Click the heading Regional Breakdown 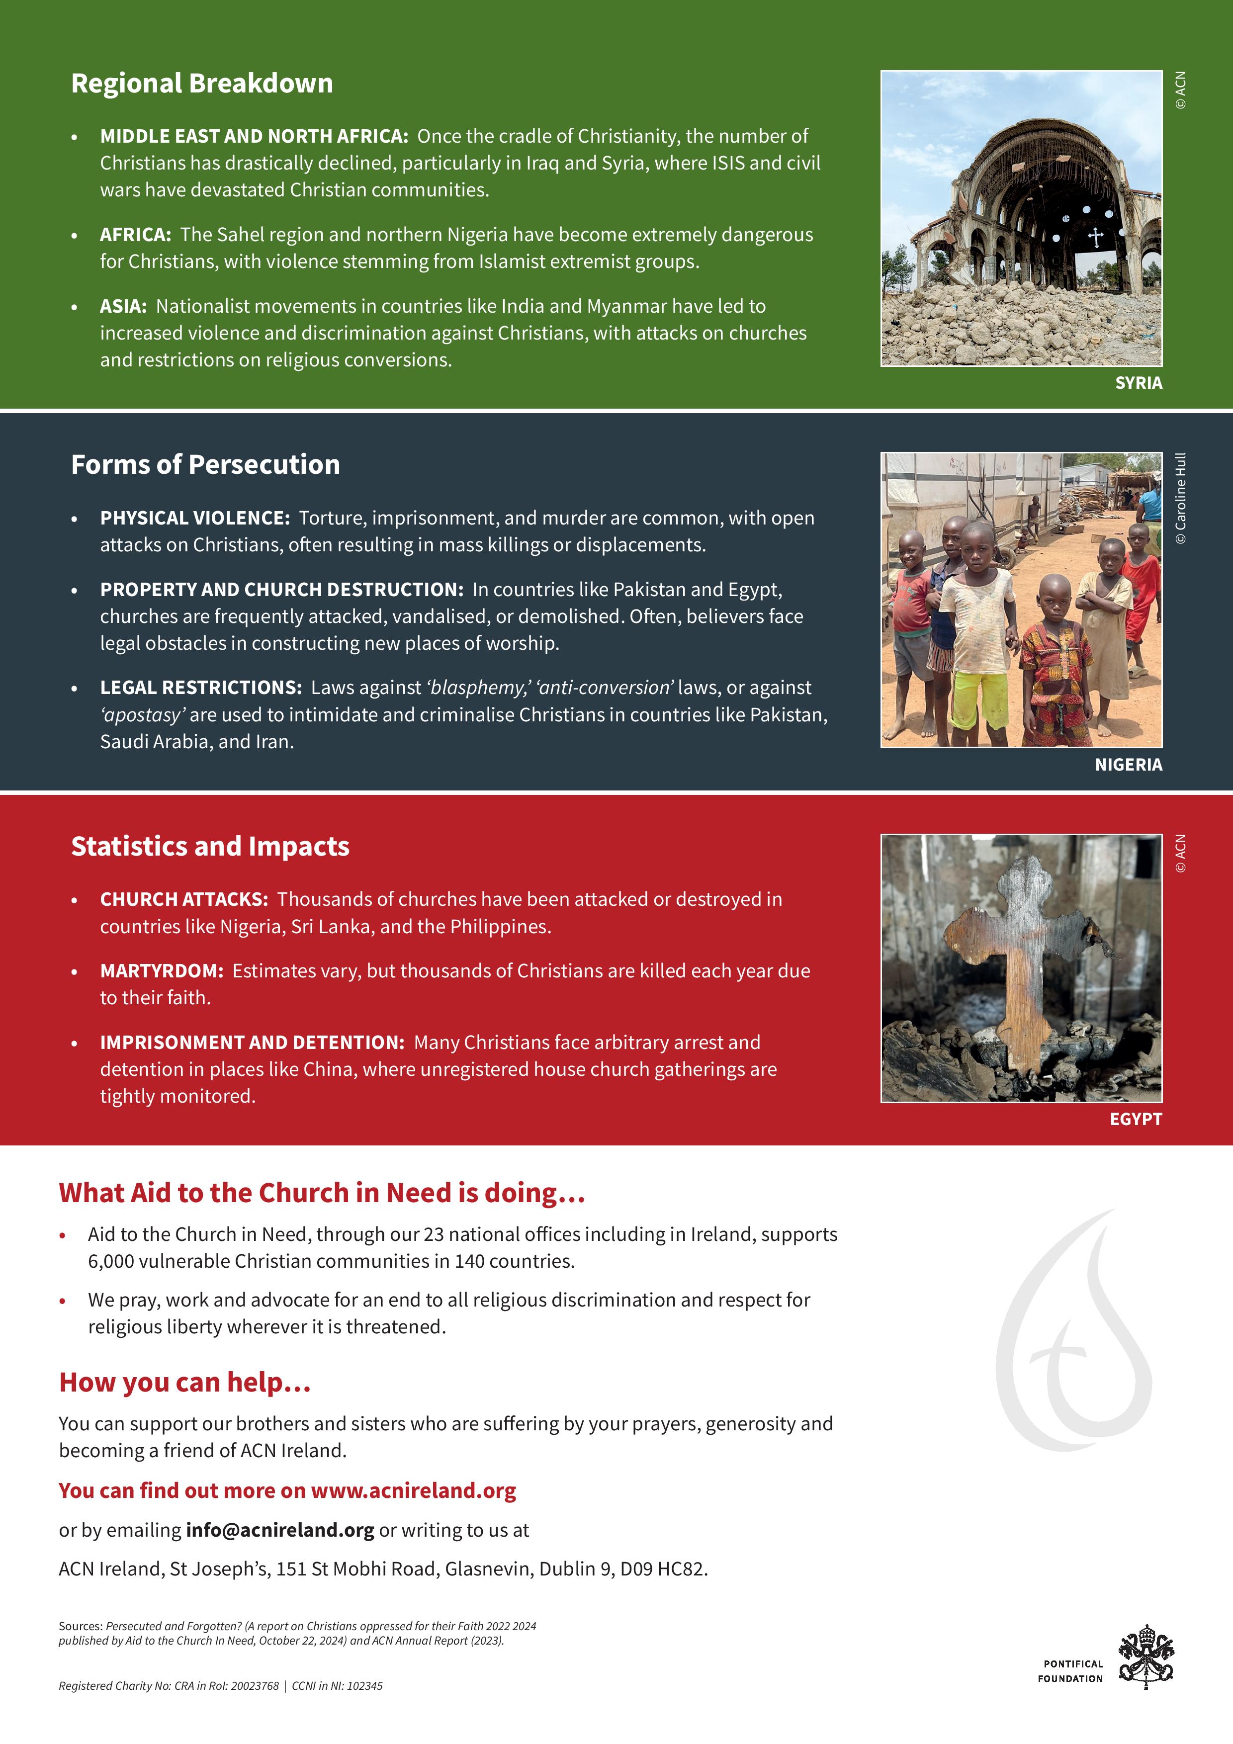pos(201,84)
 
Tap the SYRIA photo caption pos(1138,383)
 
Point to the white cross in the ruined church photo pos(1095,238)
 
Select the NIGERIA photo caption pos(1128,765)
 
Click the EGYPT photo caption pos(1135,1119)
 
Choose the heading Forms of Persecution pos(205,465)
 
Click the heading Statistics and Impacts pos(210,846)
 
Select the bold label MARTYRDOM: pos(162,971)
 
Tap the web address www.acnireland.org pos(413,1490)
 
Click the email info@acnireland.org pos(279,1530)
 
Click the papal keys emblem pos(1145,1657)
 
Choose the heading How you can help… pos(184,1383)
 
